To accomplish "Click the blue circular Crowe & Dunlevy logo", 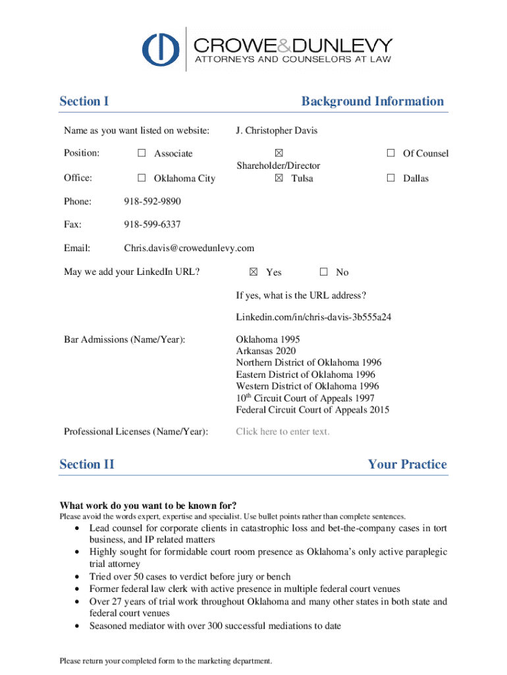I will coord(161,48).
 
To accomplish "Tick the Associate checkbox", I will coord(142,154).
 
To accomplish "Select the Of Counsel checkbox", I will coord(390,154).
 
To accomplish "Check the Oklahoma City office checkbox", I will coord(142,178).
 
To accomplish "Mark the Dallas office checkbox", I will coord(390,178).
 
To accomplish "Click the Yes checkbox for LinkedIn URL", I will coord(254,272).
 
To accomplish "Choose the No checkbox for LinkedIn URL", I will coord(323,272).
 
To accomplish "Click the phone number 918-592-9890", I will coord(152,201).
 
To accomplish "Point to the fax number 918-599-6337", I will coord(152,225).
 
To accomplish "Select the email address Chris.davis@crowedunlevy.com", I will coord(189,249).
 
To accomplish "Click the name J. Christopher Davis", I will coord(277,131).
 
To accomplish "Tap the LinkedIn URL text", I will coord(314,317).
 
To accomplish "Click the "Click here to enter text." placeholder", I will coord(282,432).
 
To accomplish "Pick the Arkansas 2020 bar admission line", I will coord(266,351).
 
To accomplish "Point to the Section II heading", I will coord(87,464).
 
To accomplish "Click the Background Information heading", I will coord(373,101).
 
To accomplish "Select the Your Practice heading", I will coord(407,464).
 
